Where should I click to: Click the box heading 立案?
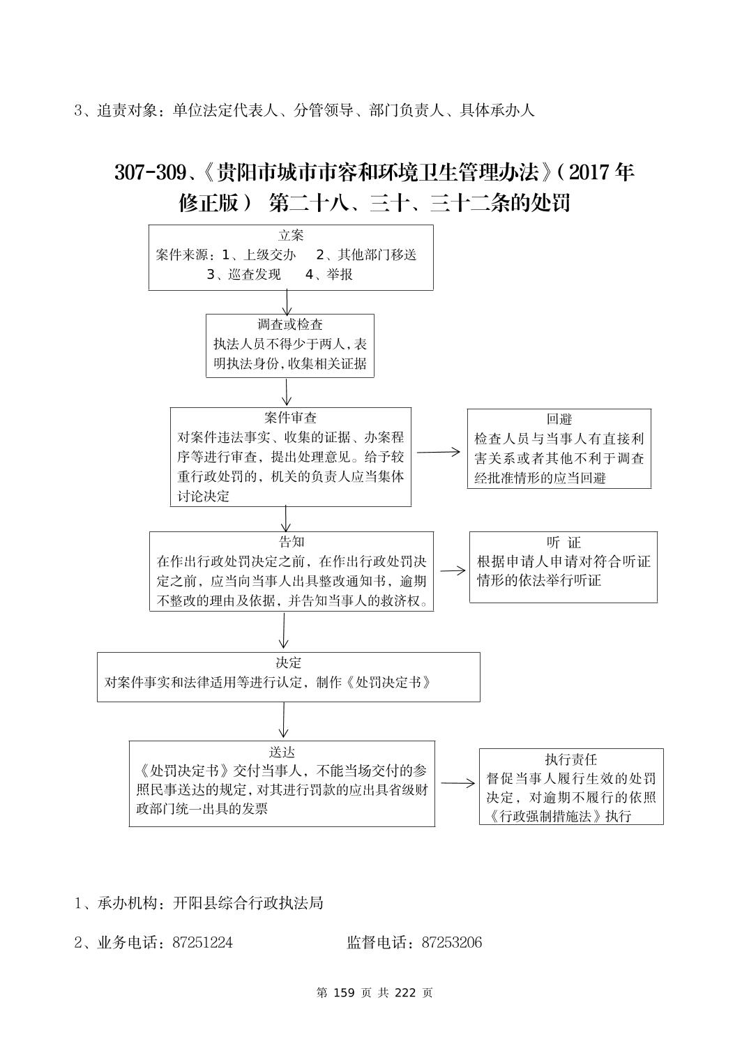pos(291,236)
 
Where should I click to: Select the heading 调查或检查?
pos(290,324)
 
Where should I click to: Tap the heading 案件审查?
pos(290,418)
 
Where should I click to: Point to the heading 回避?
pos(559,419)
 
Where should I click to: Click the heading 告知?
pos(291,542)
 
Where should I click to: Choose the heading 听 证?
pos(563,543)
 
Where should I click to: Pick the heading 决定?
pos(288,662)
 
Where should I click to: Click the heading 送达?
pos(282,752)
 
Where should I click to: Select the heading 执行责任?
pos(570,759)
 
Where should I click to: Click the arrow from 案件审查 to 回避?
pos(439,452)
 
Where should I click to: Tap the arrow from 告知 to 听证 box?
pos(453,570)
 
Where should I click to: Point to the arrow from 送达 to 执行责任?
pos(457,783)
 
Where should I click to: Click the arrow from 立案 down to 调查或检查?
pos(287,302)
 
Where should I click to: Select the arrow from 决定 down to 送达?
pos(284,720)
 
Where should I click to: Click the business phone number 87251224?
pos(202,943)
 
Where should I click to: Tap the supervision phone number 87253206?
pos(452,943)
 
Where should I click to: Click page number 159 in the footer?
pos(346,992)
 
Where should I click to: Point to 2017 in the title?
pos(593,172)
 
